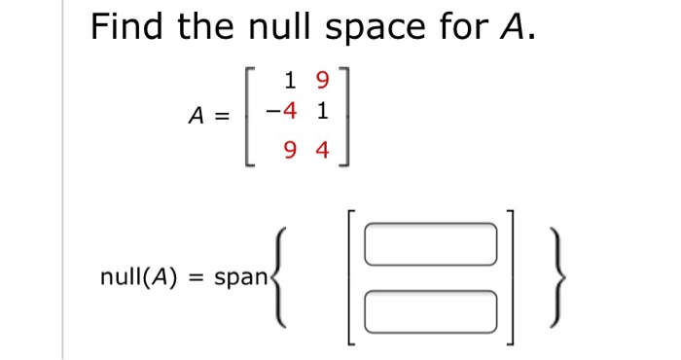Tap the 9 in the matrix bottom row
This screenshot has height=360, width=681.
291,151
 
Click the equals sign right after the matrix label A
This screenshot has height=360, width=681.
223,116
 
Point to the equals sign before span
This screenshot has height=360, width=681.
196,277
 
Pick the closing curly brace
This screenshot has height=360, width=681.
552,278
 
